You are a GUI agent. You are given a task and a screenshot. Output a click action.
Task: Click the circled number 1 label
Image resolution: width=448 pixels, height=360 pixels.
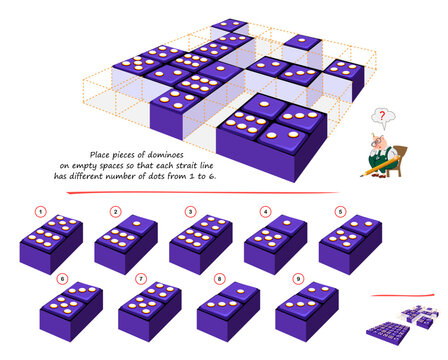[41, 211]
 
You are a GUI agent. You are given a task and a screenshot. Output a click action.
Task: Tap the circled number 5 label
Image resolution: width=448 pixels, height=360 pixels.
[340, 211]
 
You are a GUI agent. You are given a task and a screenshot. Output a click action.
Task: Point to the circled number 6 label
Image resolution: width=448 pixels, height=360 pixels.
[63, 278]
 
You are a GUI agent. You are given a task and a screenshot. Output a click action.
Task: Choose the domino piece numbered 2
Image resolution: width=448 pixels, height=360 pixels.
[126, 240]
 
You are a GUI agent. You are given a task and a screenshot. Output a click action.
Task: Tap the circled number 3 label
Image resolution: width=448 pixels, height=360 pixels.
[190, 211]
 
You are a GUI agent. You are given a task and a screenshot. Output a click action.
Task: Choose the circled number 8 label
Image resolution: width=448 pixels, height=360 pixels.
[219, 278]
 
